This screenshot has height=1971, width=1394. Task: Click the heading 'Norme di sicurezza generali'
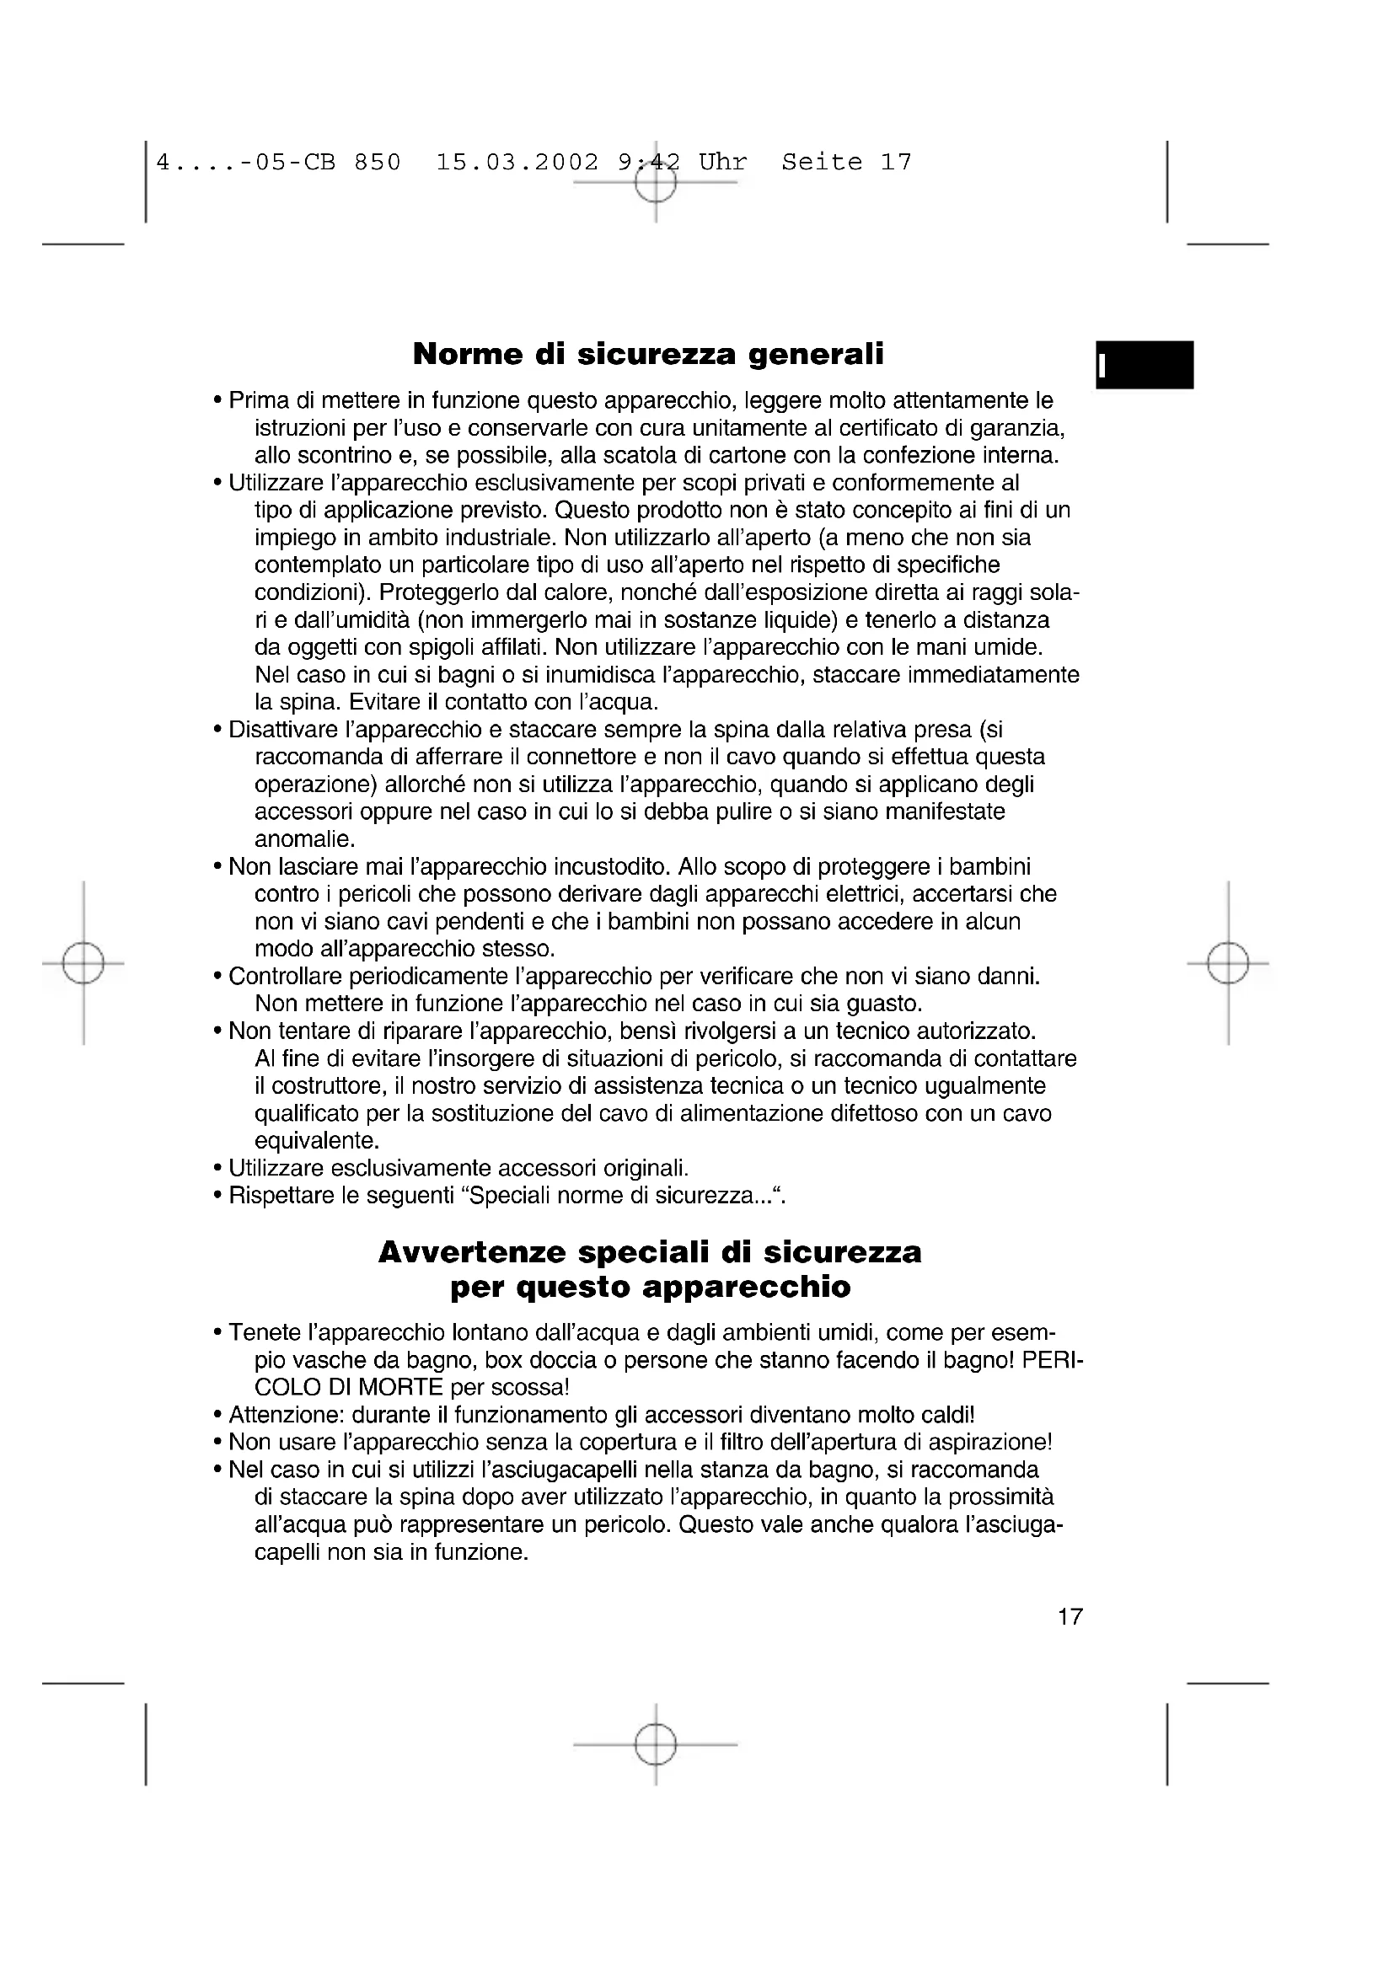click(x=648, y=354)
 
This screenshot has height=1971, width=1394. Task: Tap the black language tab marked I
click(x=1145, y=365)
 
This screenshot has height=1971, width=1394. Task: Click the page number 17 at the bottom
click(x=1070, y=1617)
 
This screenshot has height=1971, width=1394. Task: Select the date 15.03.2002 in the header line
click(x=517, y=163)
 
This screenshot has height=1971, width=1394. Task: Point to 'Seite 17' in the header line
click(x=846, y=163)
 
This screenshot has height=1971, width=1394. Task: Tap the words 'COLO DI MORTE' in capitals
click(x=349, y=1388)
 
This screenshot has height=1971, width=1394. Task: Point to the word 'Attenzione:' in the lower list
click(x=283, y=1416)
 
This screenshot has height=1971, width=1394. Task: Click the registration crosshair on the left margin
click(x=83, y=963)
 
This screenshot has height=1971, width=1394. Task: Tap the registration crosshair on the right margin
click(x=1228, y=963)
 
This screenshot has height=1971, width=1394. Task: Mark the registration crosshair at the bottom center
click(x=656, y=1744)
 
